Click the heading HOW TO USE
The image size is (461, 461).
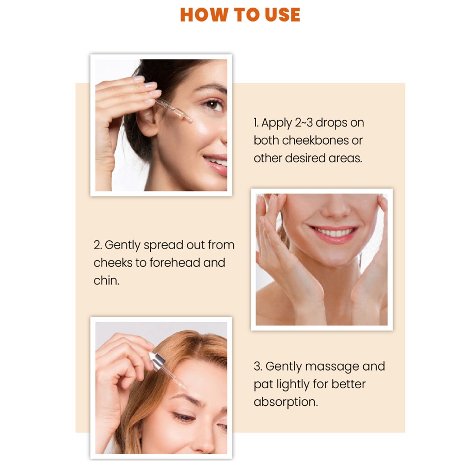coord(240,14)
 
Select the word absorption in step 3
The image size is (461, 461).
coord(286,402)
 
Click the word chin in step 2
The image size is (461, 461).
coord(106,281)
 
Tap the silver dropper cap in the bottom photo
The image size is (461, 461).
coord(157,360)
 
